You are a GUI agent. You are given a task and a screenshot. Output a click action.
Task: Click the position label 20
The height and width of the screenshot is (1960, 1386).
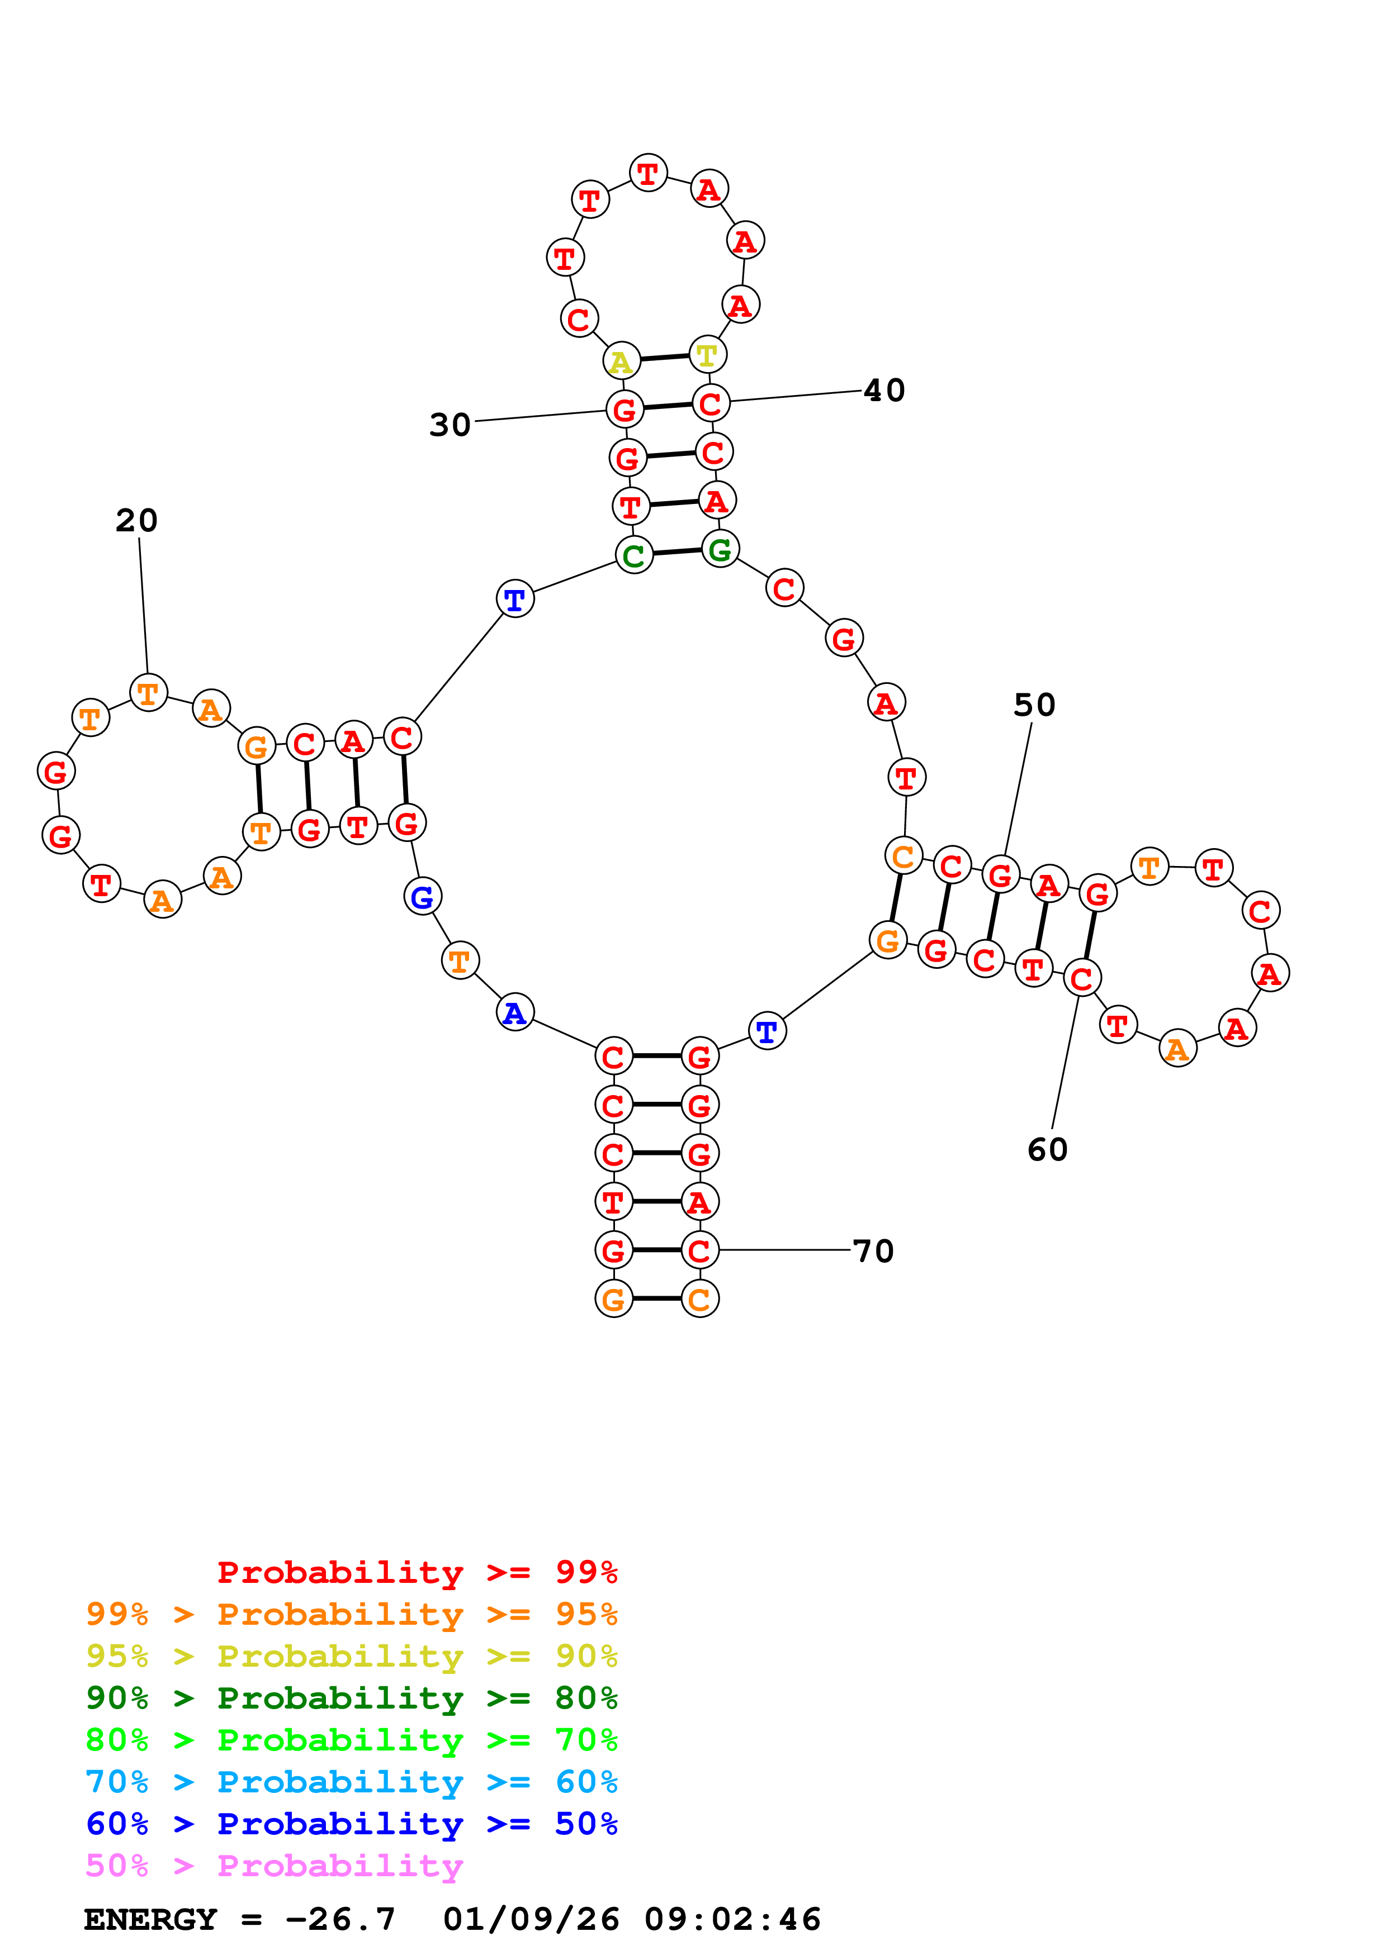click(x=136, y=520)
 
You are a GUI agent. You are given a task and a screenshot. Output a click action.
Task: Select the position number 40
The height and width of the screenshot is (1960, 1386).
click(x=884, y=390)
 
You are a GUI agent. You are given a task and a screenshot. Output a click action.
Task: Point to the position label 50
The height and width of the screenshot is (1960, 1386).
click(x=1034, y=704)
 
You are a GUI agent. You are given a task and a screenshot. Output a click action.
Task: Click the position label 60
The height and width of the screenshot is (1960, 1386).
click(x=1047, y=1149)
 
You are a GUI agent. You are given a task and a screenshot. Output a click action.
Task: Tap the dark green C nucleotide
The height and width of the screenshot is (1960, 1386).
click(x=633, y=556)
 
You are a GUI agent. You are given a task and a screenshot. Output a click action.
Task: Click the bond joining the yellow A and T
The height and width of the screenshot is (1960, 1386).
click(x=664, y=358)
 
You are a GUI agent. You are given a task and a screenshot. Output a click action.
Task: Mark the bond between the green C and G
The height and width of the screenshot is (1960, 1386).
click(x=677, y=553)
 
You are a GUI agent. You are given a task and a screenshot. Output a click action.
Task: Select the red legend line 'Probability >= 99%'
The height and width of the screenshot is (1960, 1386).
click(x=417, y=1572)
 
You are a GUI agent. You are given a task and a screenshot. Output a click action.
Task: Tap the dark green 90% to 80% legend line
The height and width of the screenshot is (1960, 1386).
click(x=351, y=1698)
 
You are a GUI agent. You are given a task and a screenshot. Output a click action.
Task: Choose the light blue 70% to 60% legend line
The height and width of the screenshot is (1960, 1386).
click(x=351, y=1782)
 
